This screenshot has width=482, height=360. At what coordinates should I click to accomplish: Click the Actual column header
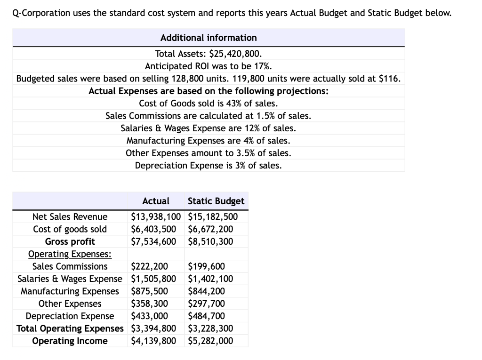(155, 201)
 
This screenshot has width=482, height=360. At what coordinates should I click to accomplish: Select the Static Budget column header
(216, 201)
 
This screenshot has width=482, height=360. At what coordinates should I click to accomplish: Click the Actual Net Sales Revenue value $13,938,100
(156, 217)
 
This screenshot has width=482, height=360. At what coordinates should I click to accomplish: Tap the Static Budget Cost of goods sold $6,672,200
(210, 229)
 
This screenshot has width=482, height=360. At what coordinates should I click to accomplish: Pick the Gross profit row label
(70, 242)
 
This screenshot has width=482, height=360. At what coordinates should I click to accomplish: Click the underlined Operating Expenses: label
(70, 254)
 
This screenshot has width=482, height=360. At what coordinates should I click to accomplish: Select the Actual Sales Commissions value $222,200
(149, 266)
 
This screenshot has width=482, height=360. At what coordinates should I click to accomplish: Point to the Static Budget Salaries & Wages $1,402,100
(210, 279)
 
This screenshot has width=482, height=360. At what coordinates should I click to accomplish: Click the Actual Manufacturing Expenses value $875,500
(149, 291)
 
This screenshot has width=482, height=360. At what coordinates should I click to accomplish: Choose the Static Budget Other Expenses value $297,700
(206, 304)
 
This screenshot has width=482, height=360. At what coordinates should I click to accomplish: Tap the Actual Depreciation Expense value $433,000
(149, 316)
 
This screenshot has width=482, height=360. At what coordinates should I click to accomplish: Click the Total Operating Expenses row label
(70, 328)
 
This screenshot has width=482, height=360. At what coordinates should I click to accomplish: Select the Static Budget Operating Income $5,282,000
(210, 341)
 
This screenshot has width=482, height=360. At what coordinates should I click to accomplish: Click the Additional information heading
(209, 38)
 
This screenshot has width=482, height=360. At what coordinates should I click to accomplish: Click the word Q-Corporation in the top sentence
(40, 13)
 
